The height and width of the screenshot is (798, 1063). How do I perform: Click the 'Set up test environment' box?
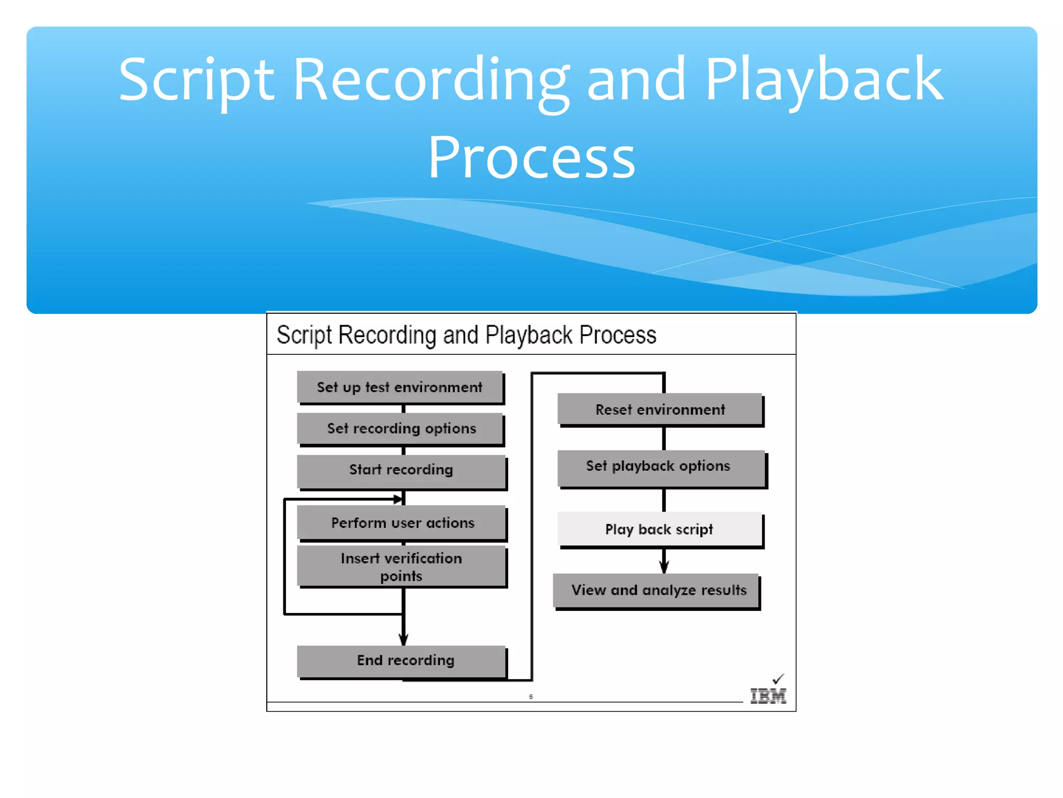click(x=400, y=387)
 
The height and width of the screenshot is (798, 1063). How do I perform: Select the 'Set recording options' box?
click(x=401, y=429)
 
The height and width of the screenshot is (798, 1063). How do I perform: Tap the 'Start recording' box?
click(x=401, y=470)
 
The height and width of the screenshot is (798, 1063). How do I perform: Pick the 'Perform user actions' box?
click(x=402, y=523)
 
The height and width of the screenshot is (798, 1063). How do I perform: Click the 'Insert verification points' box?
click(x=401, y=566)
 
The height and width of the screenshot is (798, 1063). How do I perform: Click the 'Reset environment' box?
click(x=660, y=409)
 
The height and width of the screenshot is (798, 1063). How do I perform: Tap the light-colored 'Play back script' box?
click(x=659, y=529)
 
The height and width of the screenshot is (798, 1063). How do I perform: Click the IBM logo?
click(x=768, y=696)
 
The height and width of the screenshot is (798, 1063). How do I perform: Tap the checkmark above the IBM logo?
click(x=778, y=679)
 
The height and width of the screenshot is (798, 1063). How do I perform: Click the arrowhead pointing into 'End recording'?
click(x=403, y=639)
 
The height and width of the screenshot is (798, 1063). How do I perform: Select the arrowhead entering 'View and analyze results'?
click(x=664, y=567)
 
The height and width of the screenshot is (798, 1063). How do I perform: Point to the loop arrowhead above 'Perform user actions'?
click(x=398, y=499)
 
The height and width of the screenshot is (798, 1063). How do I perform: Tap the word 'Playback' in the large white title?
click(x=824, y=81)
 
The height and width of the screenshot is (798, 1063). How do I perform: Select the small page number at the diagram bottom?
click(x=531, y=697)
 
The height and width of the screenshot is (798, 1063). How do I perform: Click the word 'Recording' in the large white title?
click(x=431, y=81)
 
